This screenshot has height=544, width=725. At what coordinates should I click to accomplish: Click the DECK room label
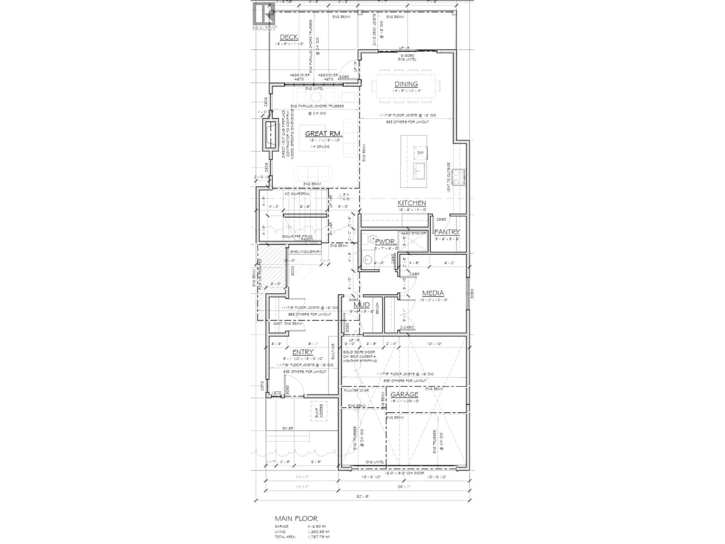coord(289,37)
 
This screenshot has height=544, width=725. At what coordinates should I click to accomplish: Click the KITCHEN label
coord(412,203)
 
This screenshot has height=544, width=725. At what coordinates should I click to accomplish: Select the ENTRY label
coord(303,352)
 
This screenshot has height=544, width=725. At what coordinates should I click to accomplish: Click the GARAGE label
coord(404,394)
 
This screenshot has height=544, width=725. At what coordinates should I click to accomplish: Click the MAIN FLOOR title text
coord(296,518)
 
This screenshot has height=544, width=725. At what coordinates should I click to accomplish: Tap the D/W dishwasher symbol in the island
coord(420,153)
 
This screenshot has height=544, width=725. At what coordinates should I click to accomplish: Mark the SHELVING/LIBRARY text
coord(305,252)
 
